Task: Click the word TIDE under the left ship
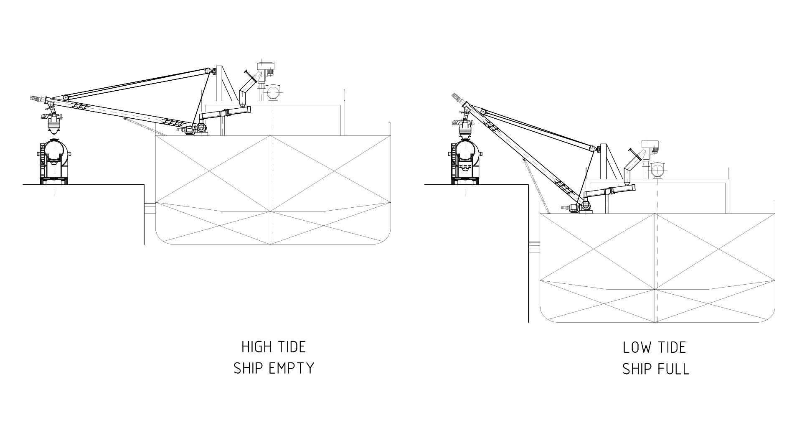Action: tap(290, 347)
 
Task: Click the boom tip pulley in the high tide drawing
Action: tap(66, 97)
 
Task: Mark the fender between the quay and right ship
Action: tap(534, 247)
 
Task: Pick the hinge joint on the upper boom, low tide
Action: tap(592, 148)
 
